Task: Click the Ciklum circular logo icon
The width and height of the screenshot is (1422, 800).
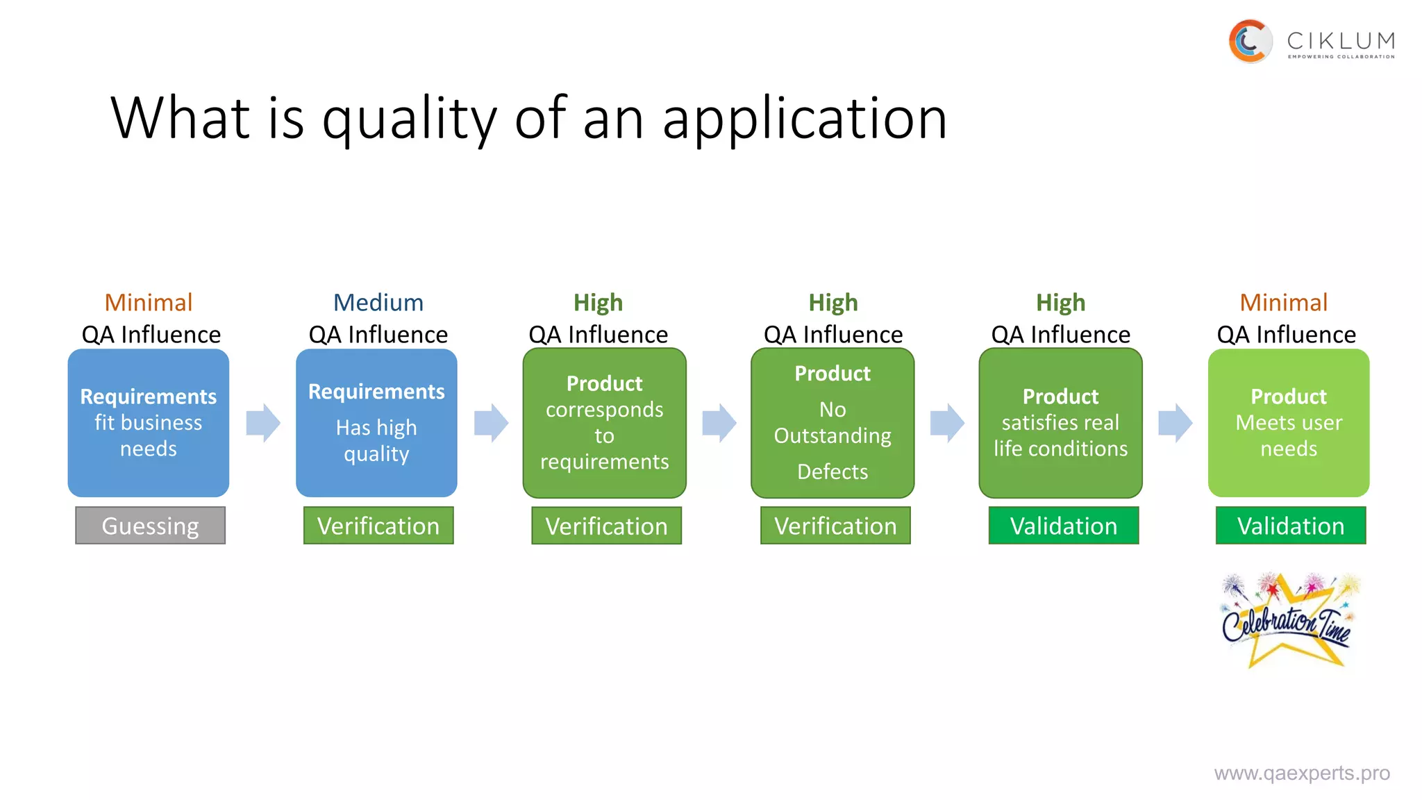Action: tap(1250, 42)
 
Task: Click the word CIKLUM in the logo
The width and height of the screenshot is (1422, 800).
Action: tap(1340, 40)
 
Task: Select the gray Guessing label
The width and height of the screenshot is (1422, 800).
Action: tap(150, 526)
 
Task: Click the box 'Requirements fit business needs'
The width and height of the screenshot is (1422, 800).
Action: tap(148, 423)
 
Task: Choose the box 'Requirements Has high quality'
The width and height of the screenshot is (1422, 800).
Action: tap(376, 423)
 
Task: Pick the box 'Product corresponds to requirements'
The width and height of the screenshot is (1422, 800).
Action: tap(604, 423)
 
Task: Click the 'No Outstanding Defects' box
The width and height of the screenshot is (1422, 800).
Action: tap(832, 423)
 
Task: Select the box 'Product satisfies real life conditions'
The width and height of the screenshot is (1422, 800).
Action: tap(1060, 423)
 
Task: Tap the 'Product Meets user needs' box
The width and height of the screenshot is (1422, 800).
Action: tap(1288, 423)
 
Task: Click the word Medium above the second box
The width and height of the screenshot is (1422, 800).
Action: tap(378, 303)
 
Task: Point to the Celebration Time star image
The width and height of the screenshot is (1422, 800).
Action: tap(1288, 620)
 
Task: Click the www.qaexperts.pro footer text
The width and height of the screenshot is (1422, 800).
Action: tap(1301, 773)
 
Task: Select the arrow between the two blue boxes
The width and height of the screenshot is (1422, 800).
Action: tap(263, 423)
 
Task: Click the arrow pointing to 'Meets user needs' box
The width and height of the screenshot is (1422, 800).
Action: tap(1175, 423)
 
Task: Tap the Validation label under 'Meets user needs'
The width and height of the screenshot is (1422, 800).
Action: tap(1290, 526)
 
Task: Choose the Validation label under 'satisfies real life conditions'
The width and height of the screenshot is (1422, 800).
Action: tap(1063, 526)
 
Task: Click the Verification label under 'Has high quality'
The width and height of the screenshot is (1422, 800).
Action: tap(378, 526)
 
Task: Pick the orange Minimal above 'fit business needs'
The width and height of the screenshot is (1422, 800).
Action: tap(149, 303)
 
